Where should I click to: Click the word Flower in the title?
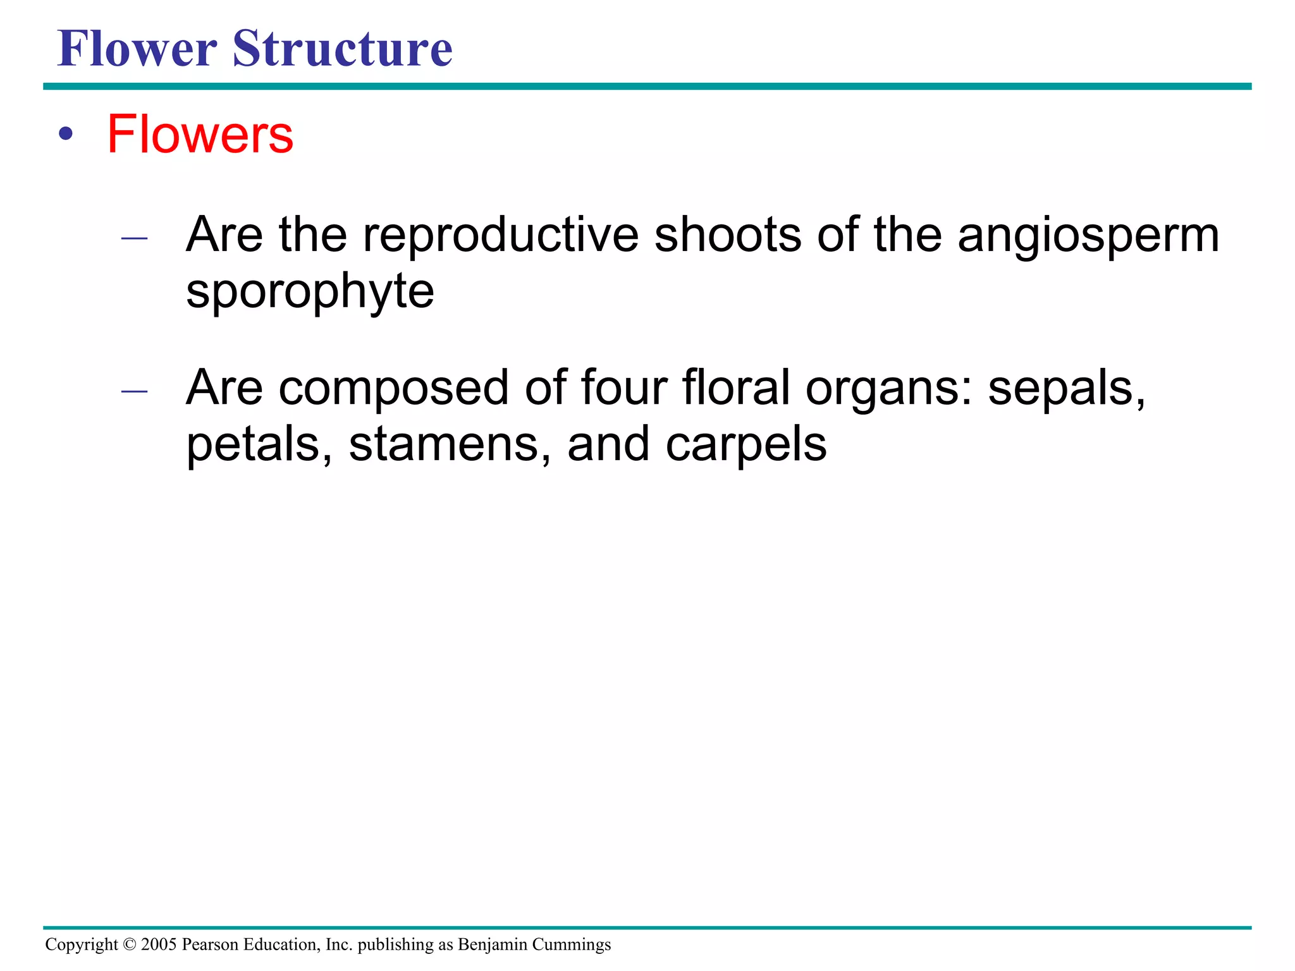[137, 49]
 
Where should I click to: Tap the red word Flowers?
[200, 134]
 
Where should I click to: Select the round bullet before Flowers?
[66, 134]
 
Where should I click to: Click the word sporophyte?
[310, 293]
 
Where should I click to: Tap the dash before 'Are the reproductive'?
[134, 238]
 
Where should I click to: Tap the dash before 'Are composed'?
[134, 391]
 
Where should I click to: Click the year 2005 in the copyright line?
[159, 944]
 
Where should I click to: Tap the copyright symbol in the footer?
[130, 944]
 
